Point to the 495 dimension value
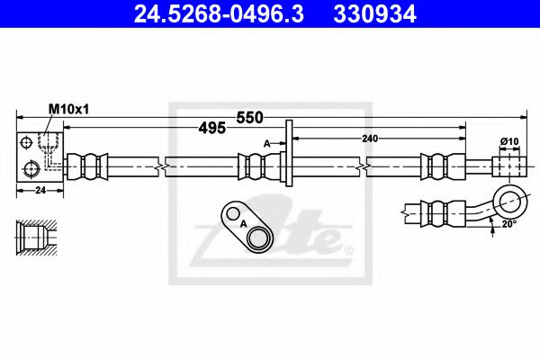click(211, 129)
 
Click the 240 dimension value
click(368, 138)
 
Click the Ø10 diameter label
click(510, 142)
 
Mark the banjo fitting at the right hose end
click(508, 166)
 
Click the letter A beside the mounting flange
click(266, 143)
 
